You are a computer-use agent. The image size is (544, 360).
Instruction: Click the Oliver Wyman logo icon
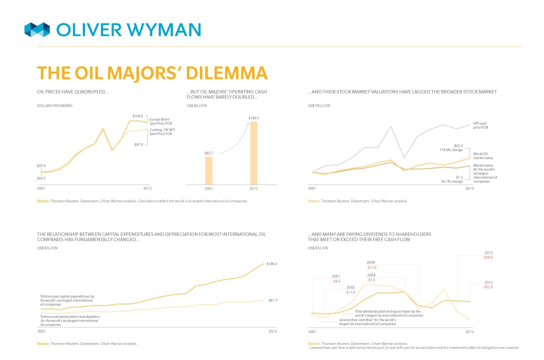pos(37,29)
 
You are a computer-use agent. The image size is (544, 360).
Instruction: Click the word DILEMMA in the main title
pos(227,73)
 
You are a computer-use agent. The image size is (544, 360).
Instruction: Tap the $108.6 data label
pos(137,116)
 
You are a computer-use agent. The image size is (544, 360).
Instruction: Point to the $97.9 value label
pos(139,144)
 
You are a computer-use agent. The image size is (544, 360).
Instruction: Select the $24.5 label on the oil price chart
pos(41,178)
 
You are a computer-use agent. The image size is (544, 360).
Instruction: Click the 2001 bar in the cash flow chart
pos(208,171)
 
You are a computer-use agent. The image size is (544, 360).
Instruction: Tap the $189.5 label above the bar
pos(254,118)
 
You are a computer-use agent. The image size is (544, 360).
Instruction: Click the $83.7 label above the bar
pos(209,153)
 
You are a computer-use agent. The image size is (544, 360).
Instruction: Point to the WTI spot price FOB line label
pos(481,125)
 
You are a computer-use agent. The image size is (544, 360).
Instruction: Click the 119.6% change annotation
pos(452,149)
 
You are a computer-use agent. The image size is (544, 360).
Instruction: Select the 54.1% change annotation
pos(452,181)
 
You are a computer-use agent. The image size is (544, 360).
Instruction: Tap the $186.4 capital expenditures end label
pos(272,263)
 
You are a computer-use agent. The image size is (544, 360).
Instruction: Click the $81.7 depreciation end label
pos(272,300)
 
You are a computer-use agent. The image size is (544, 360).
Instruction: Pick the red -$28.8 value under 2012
pos(488,257)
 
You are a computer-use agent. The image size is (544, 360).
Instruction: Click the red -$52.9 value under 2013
pos(488,287)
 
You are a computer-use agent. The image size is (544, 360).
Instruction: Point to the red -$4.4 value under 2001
pos(336,281)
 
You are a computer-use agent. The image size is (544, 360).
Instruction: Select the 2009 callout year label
pos(371,262)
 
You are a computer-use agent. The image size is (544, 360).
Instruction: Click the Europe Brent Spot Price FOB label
pos(159,121)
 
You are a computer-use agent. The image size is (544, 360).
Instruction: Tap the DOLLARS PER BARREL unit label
pos(55,105)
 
